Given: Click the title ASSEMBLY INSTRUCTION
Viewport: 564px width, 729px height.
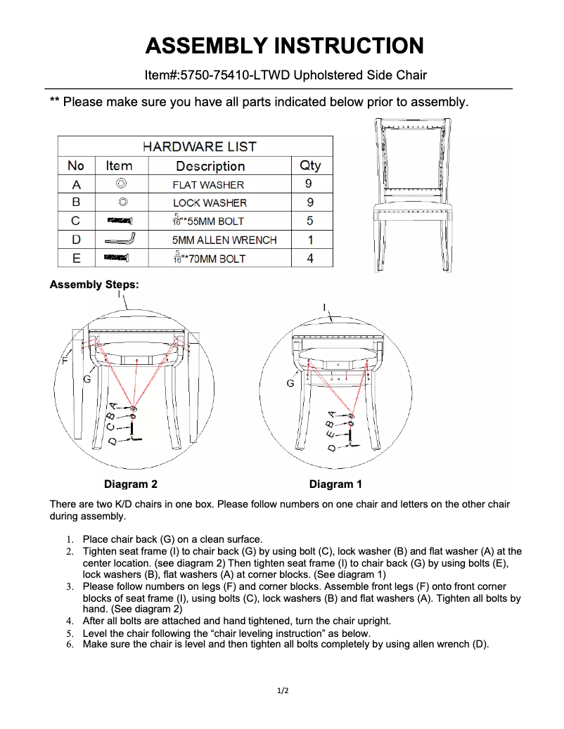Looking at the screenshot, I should pyautogui.click(x=284, y=46).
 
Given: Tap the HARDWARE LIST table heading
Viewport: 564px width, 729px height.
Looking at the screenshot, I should pyautogui.click(x=199, y=146).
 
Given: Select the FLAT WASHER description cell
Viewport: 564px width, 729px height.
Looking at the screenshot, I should pyautogui.click(x=208, y=185).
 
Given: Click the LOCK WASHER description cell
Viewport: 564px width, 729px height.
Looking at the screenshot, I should pyautogui.click(x=210, y=203).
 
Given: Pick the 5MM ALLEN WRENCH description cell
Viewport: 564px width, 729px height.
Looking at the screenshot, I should pyautogui.click(x=224, y=240).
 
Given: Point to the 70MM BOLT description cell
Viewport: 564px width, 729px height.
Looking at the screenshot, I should pyautogui.click(x=210, y=259).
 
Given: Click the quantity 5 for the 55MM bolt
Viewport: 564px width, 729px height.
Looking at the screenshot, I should pyautogui.click(x=309, y=221).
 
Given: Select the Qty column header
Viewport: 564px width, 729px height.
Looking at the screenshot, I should pyautogui.click(x=309, y=165).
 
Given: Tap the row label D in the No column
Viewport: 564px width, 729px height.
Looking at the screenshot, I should pyautogui.click(x=76, y=240).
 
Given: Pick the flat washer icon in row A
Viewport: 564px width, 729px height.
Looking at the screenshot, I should pyautogui.click(x=121, y=184).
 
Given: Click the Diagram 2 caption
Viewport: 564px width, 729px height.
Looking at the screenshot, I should pyautogui.click(x=130, y=484).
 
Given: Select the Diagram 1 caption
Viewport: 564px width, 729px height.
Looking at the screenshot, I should pyautogui.click(x=335, y=484).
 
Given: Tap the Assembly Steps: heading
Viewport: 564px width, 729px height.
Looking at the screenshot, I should pyautogui.click(x=94, y=285).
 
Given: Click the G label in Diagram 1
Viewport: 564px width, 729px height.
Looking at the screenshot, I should pyautogui.click(x=290, y=384).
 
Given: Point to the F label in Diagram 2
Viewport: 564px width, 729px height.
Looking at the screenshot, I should pyautogui.click(x=65, y=359).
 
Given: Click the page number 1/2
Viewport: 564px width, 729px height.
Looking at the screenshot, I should pyautogui.click(x=282, y=691).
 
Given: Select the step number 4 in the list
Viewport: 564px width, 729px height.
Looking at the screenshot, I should pyautogui.click(x=70, y=621).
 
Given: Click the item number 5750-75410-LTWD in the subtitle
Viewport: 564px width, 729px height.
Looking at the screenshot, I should pyautogui.click(x=235, y=75).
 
